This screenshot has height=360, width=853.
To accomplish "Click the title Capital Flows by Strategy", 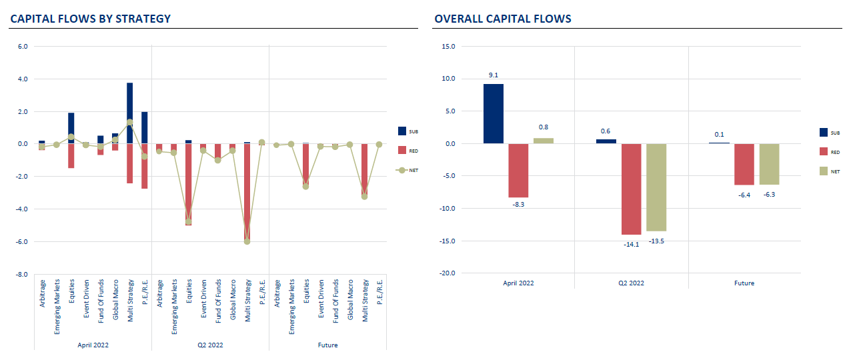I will pos(90,19).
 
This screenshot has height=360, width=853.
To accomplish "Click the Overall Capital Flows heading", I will pos(502,19).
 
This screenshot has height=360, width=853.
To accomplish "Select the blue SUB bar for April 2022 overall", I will pos(494,113).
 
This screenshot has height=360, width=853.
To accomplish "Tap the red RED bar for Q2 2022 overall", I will pos(631,189).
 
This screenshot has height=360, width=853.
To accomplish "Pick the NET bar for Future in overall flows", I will pos(769,164).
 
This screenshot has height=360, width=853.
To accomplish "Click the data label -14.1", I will pos(631,244).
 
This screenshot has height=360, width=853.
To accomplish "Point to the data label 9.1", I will pos(494,75).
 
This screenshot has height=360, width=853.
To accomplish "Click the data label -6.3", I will pos(769,194).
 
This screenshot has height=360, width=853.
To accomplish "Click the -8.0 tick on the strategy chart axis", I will pos(21,274).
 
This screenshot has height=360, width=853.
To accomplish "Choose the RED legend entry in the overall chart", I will pos(834,152).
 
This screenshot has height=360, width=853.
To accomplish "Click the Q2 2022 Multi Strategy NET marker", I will pos(247,241).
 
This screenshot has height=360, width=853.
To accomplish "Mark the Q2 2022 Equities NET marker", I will pos(188,222).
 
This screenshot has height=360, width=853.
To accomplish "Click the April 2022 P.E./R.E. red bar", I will pos(144,166).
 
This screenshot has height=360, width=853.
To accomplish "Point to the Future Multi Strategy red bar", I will pos(364,169).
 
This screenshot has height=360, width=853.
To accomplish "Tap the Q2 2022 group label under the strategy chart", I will pos(210,345).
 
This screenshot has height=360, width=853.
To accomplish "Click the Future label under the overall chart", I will pos(744,283).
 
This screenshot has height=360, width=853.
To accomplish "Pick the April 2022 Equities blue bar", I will pos(71,128).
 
